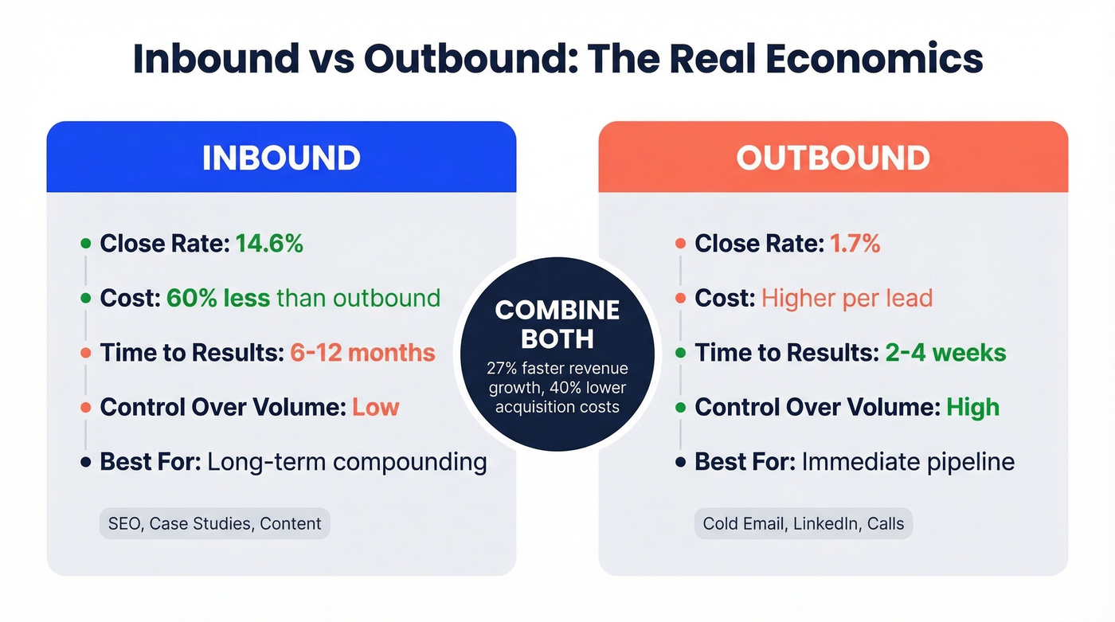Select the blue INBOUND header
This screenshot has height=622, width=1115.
pyautogui.click(x=281, y=158)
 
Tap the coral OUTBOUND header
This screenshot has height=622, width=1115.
pyautogui.click(x=833, y=158)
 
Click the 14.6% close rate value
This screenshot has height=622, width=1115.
pyautogui.click(x=269, y=244)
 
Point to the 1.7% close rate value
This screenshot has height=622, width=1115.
pyautogui.click(x=855, y=244)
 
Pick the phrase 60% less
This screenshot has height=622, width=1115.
pyautogui.click(x=217, y=298)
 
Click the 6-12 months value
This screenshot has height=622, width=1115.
pyautogui.click(x=362, y=353)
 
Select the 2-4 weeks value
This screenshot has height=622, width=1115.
pyautogui.click(x=945, y=353)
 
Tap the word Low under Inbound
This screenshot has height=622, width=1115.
pyautogui.click(x=375, y=407)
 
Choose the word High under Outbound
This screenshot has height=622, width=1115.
pyautogui.click(x=972, y=407)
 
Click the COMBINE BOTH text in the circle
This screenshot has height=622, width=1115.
pyautogui.click(x=557, y=323)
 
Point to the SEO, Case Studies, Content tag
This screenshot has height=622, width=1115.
pyautogui.click(x=214, y=524)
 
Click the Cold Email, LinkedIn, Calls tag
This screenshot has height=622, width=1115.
pyautogui.click(x=804, y=524)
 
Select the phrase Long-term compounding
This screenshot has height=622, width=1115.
pyautogui.click(x=346, y=462)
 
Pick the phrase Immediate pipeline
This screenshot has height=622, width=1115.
pyautogui.click(x=908, y=462)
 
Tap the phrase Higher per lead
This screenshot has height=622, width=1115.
pyautogui.click(x=847, y=298)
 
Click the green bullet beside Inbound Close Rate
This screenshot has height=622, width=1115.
pyautogui.click(x=85, y=244)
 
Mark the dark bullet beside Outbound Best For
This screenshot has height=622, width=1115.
pyautogui.click(x=680, y=462)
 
